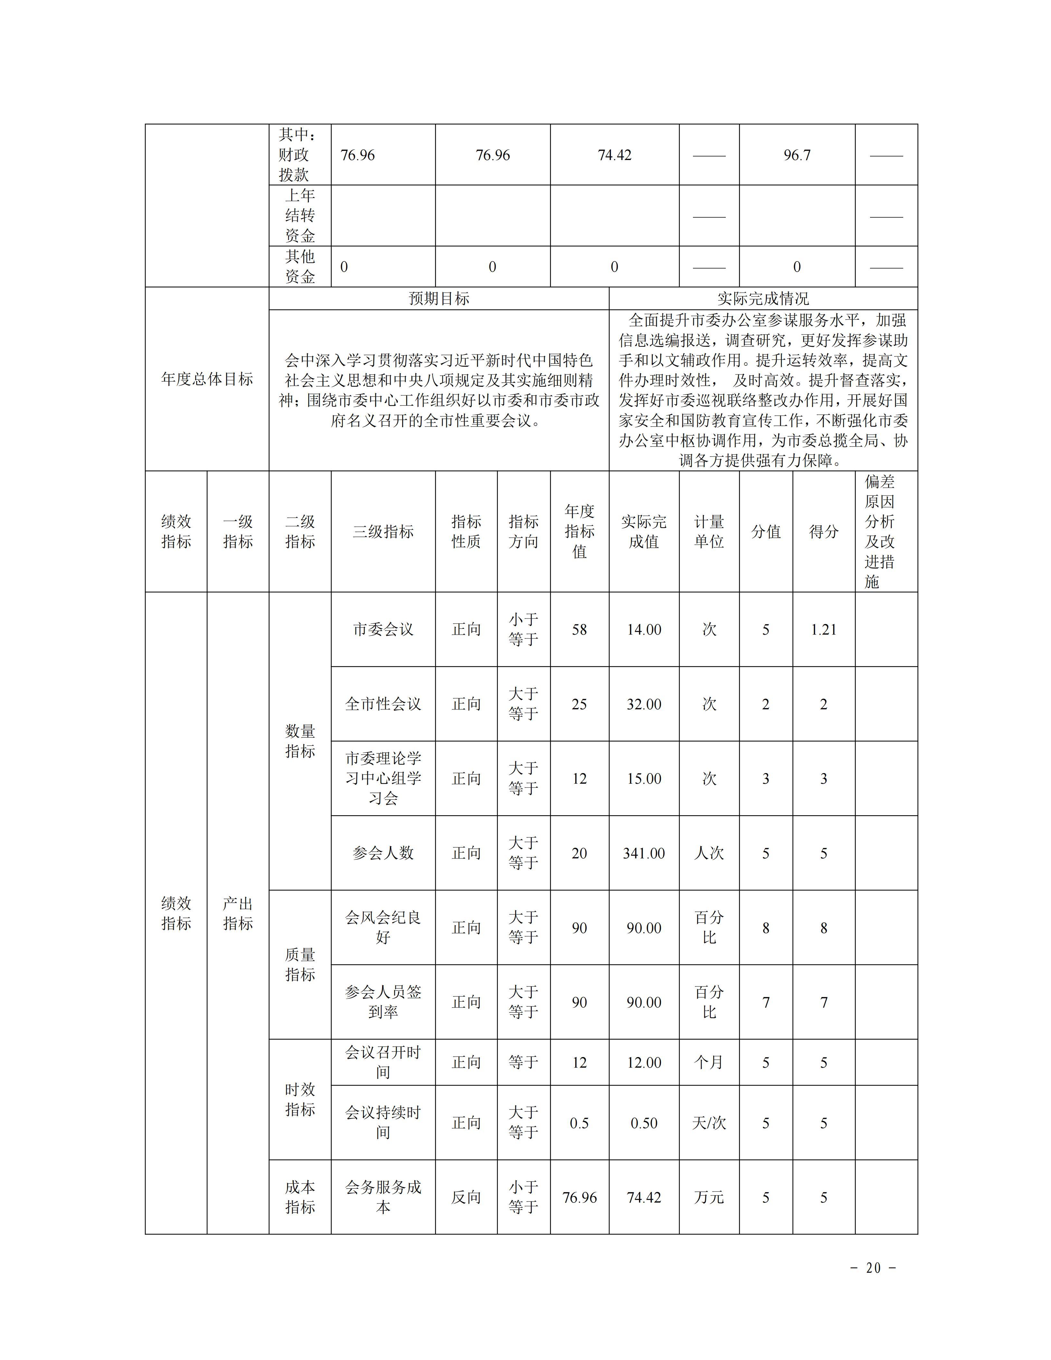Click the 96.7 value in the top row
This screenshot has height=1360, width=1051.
[x=797, y=155]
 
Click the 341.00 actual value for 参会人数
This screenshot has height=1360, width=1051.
[x=644, y=853]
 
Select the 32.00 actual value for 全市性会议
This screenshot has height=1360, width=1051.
[x=644, y=704]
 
